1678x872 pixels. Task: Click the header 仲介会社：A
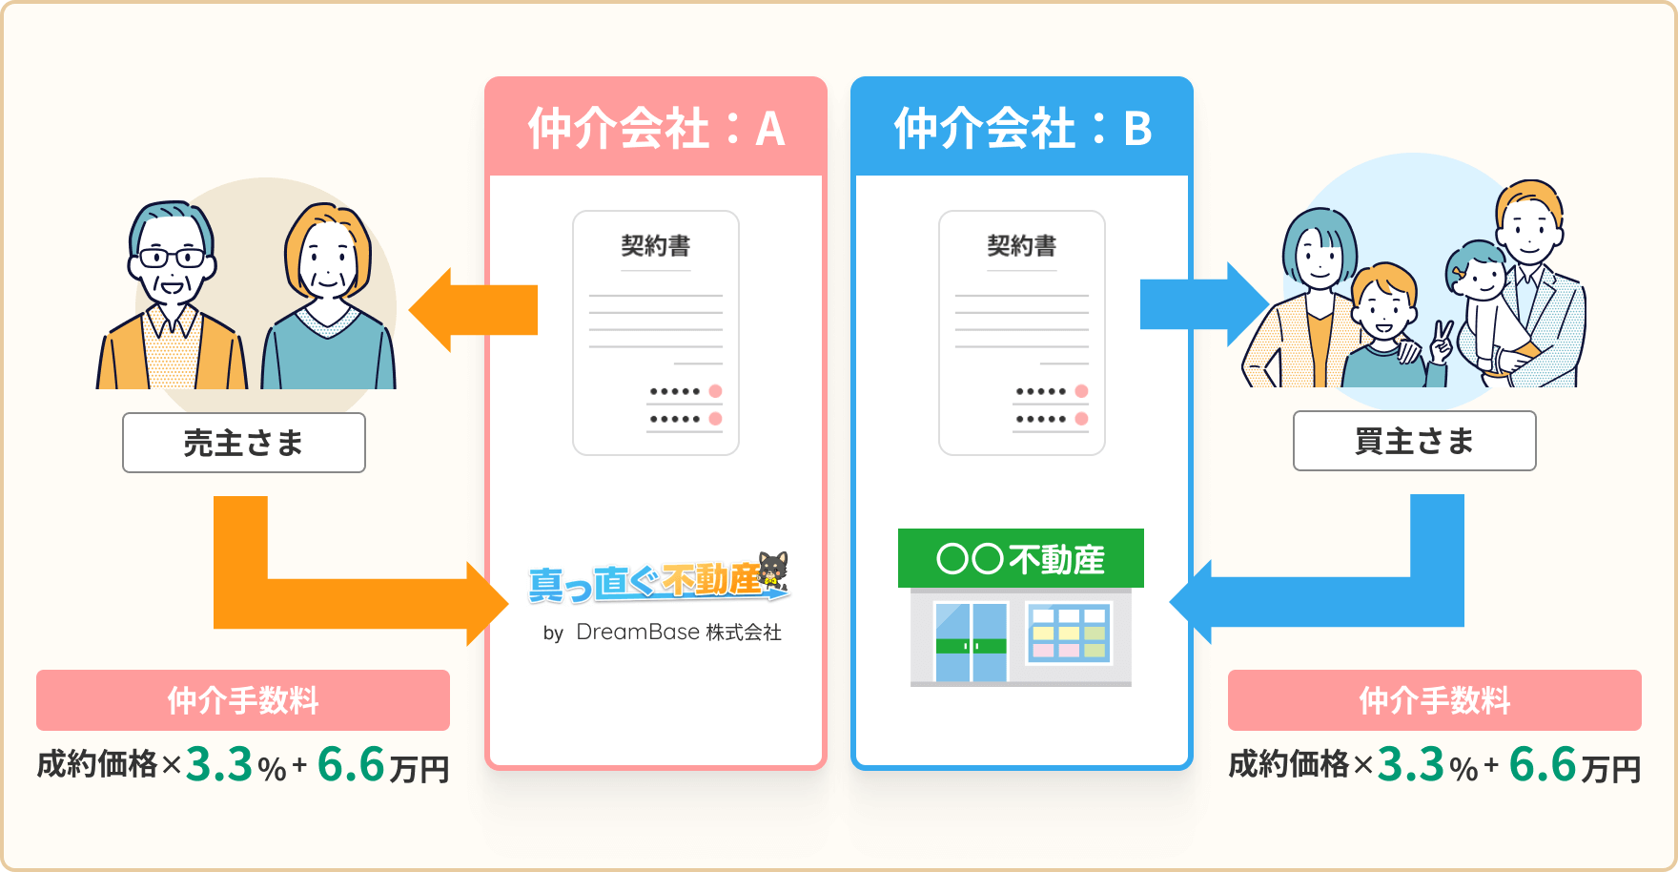coord(656,128)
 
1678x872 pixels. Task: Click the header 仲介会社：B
coord(1022,128)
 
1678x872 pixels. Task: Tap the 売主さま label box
coord(244,443)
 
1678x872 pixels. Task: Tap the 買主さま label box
coord(1414,441)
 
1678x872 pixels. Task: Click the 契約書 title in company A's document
coord(656,246)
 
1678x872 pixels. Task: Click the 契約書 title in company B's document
coord(1022,246)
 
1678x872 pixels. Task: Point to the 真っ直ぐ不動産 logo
coord(658,578)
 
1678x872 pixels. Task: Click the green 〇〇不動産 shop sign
coord(1020,558)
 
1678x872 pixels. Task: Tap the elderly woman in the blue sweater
coord(329,305)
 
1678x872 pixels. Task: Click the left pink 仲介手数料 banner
coord(243,700)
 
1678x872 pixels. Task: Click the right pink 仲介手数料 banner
coord(1434,700)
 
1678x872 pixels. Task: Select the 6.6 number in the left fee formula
coord(351,765)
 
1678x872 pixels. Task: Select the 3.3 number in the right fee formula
coord(1411,765)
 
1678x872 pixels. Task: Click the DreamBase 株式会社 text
coord(678,633)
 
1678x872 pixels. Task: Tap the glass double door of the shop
coord(971,641)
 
